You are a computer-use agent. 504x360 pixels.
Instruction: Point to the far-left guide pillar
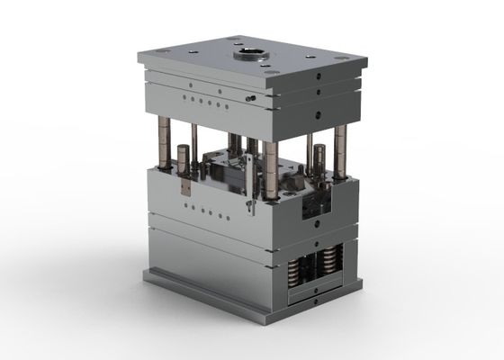coord(168,144)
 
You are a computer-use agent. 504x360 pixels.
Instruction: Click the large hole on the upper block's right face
coord(319,115)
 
